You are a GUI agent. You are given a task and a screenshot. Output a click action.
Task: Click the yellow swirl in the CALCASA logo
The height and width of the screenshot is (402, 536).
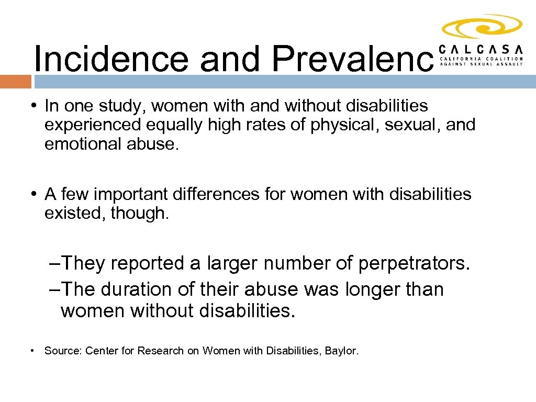(x=482, y=27)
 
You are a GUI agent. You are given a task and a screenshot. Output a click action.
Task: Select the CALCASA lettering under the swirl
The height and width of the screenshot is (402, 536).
(x=481, y=49)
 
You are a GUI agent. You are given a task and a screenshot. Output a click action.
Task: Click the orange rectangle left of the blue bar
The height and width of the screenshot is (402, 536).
(x=16, y=82)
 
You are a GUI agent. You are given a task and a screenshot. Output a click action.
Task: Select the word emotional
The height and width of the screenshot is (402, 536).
(x=83, y=144)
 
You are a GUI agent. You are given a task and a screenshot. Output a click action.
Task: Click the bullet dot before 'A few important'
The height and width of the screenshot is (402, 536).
(x=33, y=194)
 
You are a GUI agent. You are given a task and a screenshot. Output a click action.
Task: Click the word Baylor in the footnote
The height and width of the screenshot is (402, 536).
(x=342, y=351)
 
